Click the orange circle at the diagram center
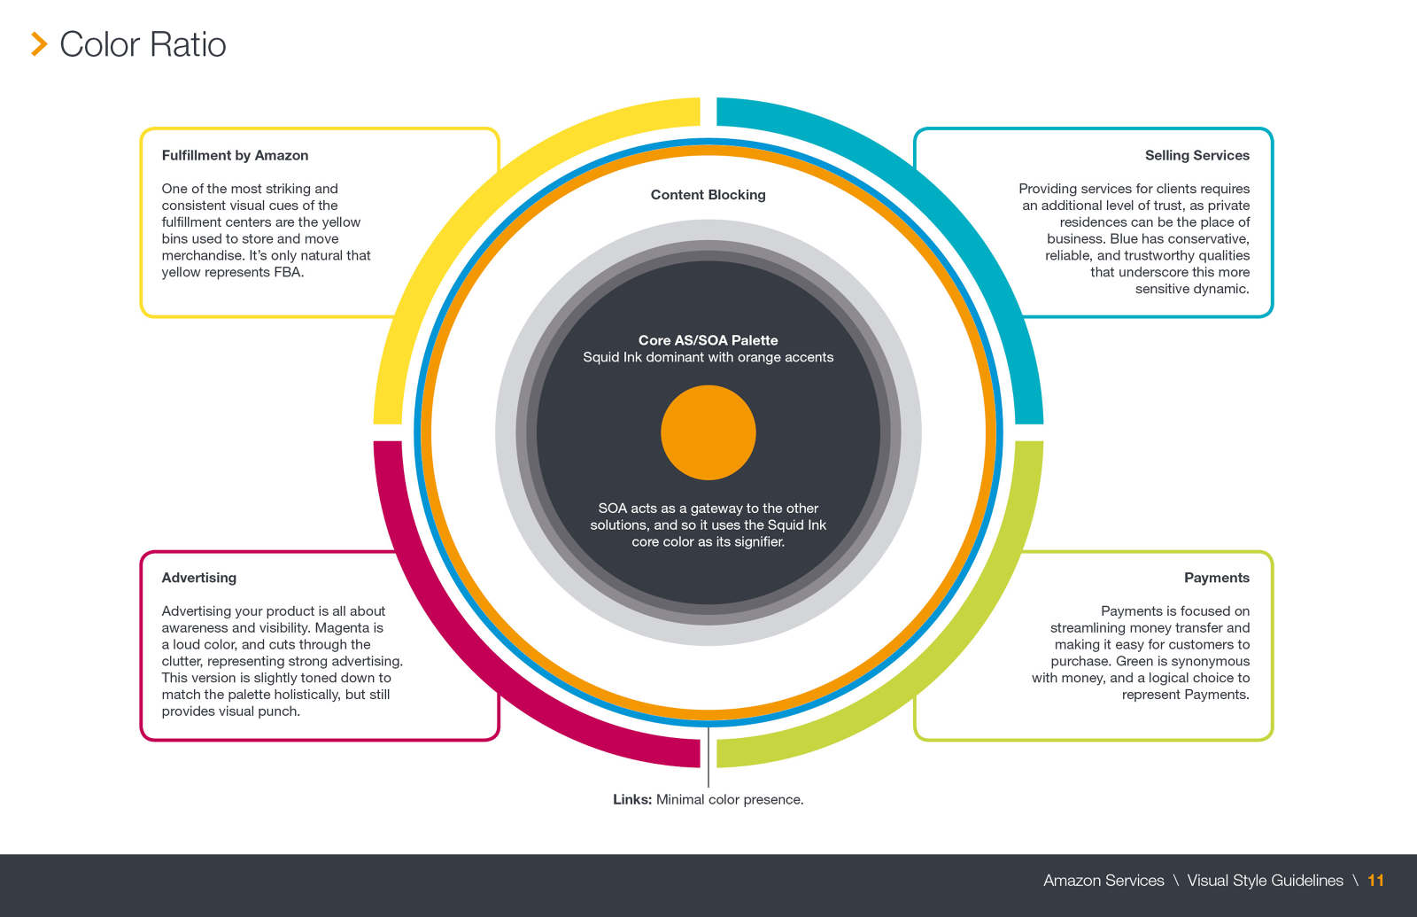click(x=708, y=432)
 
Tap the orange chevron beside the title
click(x=39, y=44)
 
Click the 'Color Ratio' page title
click(x=143, y=44)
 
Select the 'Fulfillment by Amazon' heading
click(x=235, y=155)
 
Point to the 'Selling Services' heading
click(x=1196, y=155)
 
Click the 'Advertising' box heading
click(x=198, y=578)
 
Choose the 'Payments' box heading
click(x=1216, y=578)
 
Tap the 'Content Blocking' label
click(x=708, y=195)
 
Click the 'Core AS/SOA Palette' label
click(x=708, y=340)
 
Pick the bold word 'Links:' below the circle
click(x=632, y=799)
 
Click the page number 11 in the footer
click(x=1375, y=881)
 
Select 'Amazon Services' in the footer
click(x=1103, y=881)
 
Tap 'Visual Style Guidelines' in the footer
click(x=1265, y=881)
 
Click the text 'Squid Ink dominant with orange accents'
click(x=708, y=357)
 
